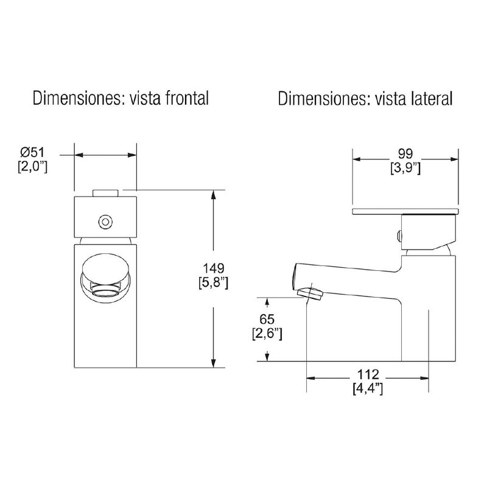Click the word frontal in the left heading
187,99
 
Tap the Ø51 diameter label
33,153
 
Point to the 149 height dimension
214,268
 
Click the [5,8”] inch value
214,283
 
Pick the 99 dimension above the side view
405,153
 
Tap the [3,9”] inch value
405,169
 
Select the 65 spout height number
267,319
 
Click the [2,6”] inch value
267,334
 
